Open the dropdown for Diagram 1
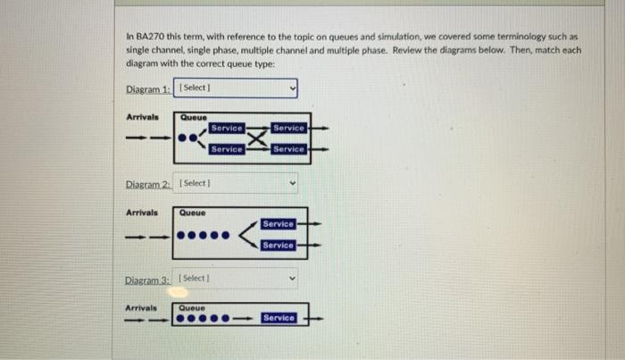[236, 88]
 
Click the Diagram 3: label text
[148, 279]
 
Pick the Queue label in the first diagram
[193, 117]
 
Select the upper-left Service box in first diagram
[226, 129]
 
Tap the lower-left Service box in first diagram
[226, 149]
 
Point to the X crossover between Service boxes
[257, 139]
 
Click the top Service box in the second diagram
[279, 223]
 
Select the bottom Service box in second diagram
[279, 245]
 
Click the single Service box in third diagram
[279, 318]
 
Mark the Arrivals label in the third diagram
[141, 307]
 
